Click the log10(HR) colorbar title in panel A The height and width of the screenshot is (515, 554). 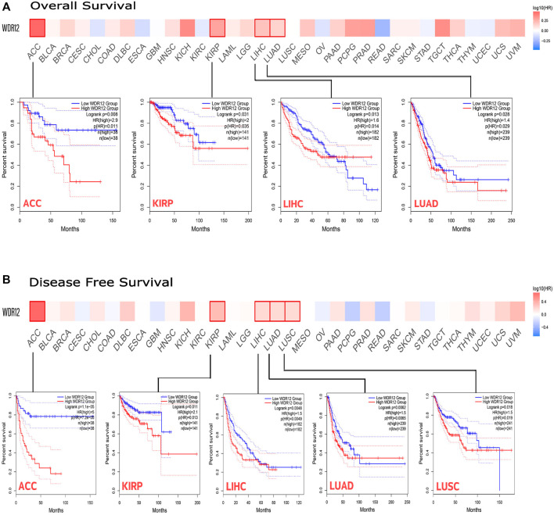[535, 6]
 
